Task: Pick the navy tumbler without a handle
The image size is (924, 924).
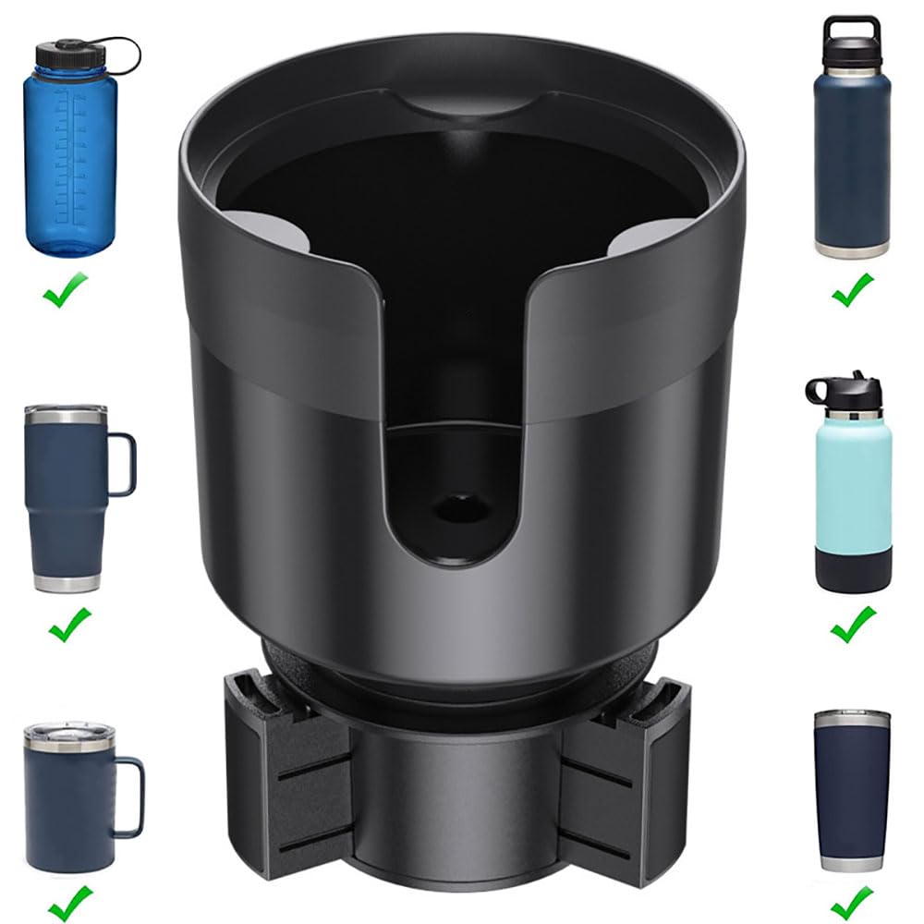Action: pyautogui.click(x=852, y=790)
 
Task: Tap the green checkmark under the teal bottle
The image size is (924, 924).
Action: pyautogui.click(x=853, y=626)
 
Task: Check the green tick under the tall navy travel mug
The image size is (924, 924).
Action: pyautogui.click(x=70, y=626)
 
